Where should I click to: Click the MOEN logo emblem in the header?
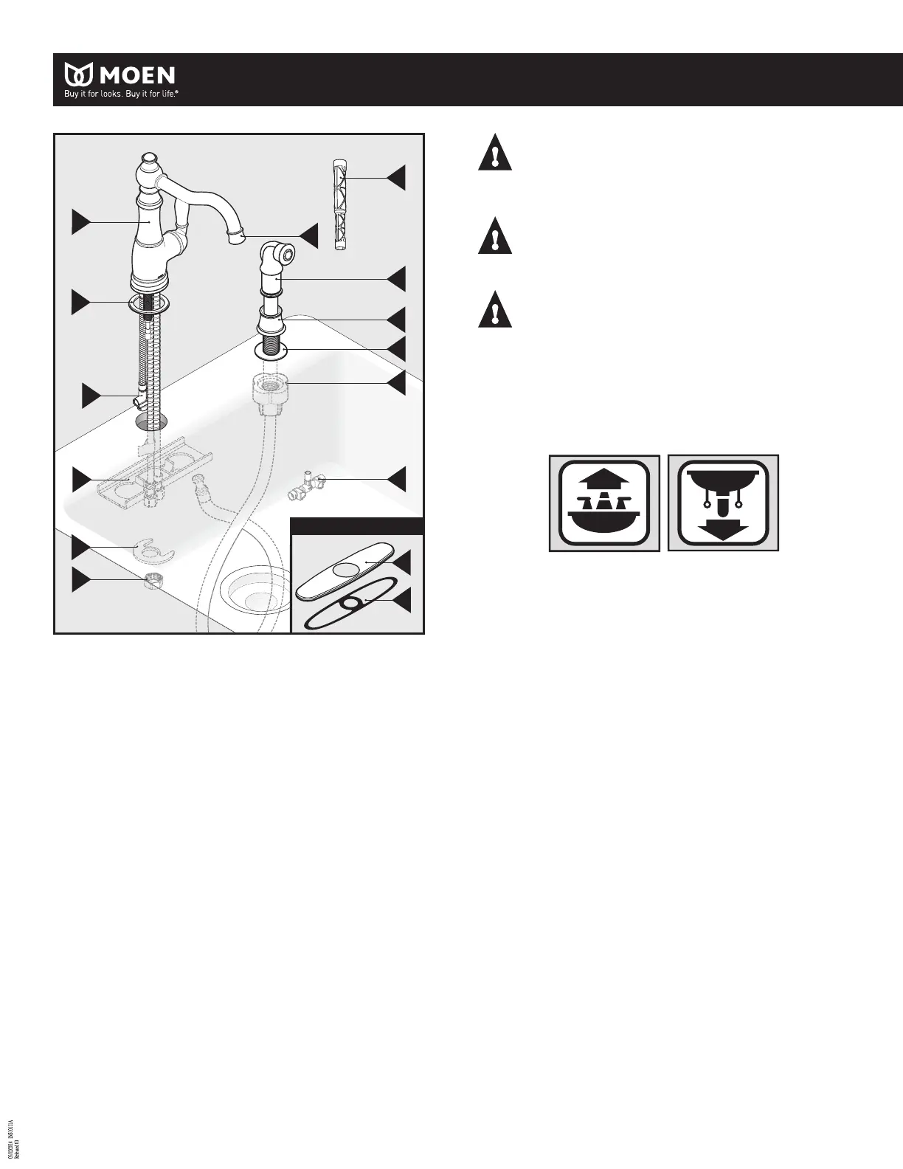[x=79, y=75]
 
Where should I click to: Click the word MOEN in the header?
[x=136, y=75]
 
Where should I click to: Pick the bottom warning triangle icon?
[x=495, y=310]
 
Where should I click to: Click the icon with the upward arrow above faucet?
[x=604, y=503]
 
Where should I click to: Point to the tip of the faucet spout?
[x=236, y=238]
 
